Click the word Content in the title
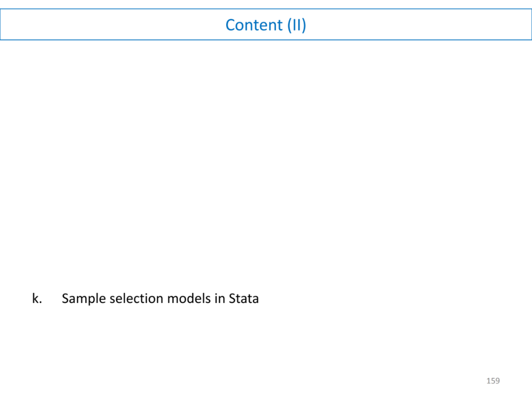(x=255, y=25)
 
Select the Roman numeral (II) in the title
(x=297, y=25)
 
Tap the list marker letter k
(x=35, y=299)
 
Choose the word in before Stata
(x=220, y=299)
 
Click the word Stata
(x=244, y=299)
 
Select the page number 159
(x=493, y=381)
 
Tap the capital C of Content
(x=231, y=25)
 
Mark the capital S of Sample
(x=66, y=299)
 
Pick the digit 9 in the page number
(x=498, y=381)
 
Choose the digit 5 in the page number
(x=493, y=381)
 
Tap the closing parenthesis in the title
(x=304, y=25)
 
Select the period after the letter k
(x=40, y=302)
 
